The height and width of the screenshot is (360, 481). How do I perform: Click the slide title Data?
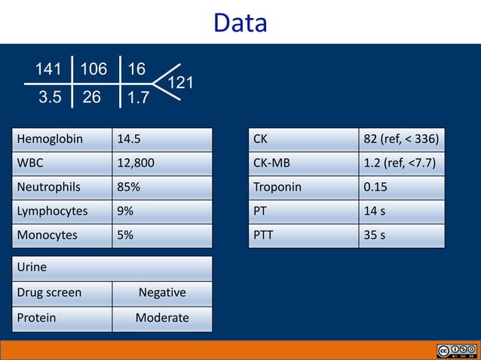pos(240,23)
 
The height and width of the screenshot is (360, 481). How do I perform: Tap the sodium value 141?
pos(47,70)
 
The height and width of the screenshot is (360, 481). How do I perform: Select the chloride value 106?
pos(93,70)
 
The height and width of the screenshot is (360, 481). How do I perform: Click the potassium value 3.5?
pos(50,97)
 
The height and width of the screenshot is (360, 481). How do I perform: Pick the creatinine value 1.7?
pos(138,97)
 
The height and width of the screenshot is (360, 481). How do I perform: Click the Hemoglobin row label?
pos(50,139)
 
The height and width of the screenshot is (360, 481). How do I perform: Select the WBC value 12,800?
pos(136,163)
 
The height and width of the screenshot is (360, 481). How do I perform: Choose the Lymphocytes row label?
pos(52,211)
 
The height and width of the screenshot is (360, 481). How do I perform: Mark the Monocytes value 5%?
pos(125,235)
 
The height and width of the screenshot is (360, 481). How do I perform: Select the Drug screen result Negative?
pos(162,292)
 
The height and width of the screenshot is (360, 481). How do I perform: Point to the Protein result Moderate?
pos(162,318)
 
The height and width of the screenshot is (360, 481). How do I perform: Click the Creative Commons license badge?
pos(455,351)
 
